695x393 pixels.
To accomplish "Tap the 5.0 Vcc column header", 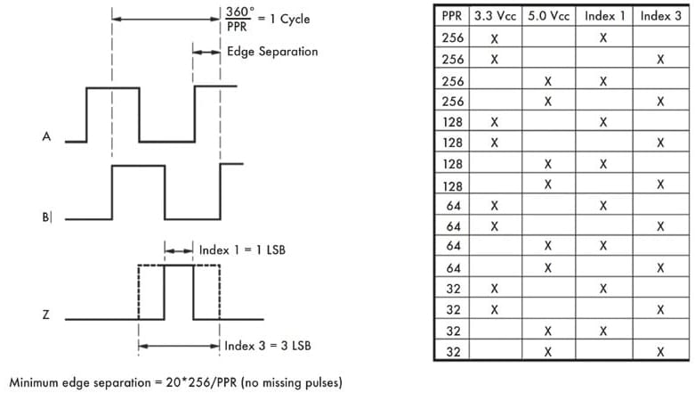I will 547,16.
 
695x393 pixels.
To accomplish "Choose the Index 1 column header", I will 602,16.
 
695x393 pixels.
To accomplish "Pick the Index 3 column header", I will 659,16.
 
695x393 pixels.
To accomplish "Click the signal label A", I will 45,138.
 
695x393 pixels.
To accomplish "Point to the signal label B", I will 46,217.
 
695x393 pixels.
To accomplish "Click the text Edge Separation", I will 272,52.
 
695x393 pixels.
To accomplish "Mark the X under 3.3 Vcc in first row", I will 494,37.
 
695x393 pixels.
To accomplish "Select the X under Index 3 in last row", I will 659,352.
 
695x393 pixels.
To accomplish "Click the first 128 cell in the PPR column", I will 450,121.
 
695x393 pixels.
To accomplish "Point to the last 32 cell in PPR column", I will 450,352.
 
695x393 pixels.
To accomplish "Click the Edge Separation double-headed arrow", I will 206,53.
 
